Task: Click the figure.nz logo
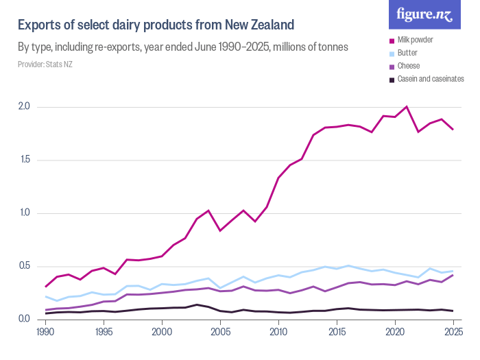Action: pyautogui.click(x=424, y=14)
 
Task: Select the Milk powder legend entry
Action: pyautogui.click(x=411, y=40)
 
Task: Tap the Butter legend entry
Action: pyautogui.click(x=403, y=53)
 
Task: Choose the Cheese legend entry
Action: pyautogui.click(x=405, y=66)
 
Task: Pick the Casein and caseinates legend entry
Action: pyautogui.click(x=427, y=79)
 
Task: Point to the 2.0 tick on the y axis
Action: pyautogui.click(x=24, y=106)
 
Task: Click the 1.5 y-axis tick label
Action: pyautogui.click(x=25, y=160)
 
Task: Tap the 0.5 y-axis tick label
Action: pyautogui.click(x=25, y=266)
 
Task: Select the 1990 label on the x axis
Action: pyautogui.click(x=45, y=332)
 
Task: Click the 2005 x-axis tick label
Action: pyautogui.click(x=220, y=332)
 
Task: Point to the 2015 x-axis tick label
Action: pyautogui.click(x=337, y=332)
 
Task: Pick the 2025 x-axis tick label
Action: pyautogui.click(x=453, y=332)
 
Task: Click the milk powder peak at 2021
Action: pyautogui.click(x=407, y=106)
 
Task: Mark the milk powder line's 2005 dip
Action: pyautogui.click(x=220, y=230)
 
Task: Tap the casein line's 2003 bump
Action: pyautogui.click(x=197, y=304)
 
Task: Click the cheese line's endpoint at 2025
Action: pyautogui.click(x=453, y=275)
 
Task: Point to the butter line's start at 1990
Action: pyautogui.click(x=46, y=297)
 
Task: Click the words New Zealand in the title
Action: pyautogui.click(x=260, y=25)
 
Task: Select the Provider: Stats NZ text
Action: pyautogui.click(x=45, y=64)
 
